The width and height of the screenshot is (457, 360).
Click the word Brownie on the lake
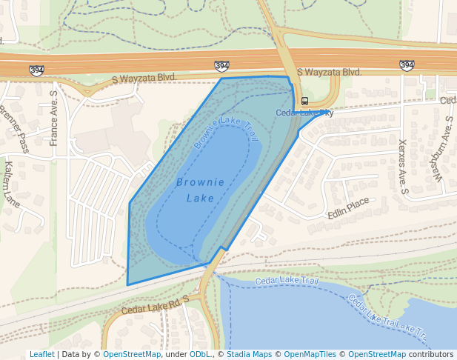pos(196,181)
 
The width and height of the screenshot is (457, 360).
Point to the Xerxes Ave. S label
pos(404,167)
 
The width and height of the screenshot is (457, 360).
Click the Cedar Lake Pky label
pos(304,113)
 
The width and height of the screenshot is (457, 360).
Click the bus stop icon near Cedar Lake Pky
pos(304,101)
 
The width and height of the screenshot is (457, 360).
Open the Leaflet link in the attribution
pos(41,355)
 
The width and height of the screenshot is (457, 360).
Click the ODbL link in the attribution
pos(200,355)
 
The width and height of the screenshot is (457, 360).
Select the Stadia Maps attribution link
pos(249,355)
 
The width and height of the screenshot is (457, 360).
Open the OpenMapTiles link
pos(310,355)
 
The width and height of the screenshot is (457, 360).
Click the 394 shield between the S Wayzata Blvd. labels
pos(221,67)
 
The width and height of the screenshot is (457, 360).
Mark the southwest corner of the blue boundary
pos(127,284)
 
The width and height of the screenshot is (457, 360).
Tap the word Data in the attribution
pos(71,355)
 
